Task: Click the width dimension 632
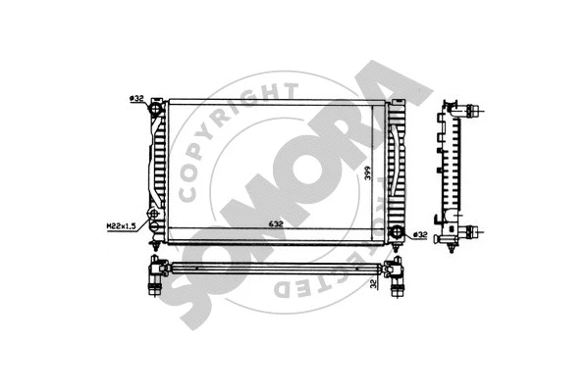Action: click(x=277, y=223)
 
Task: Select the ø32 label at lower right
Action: click(x=420, y=234)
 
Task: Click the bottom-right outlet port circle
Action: click(x=397, y=231)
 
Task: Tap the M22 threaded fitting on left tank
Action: click(x=153, y=215)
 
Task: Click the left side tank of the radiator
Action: click(x=157, y=167)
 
